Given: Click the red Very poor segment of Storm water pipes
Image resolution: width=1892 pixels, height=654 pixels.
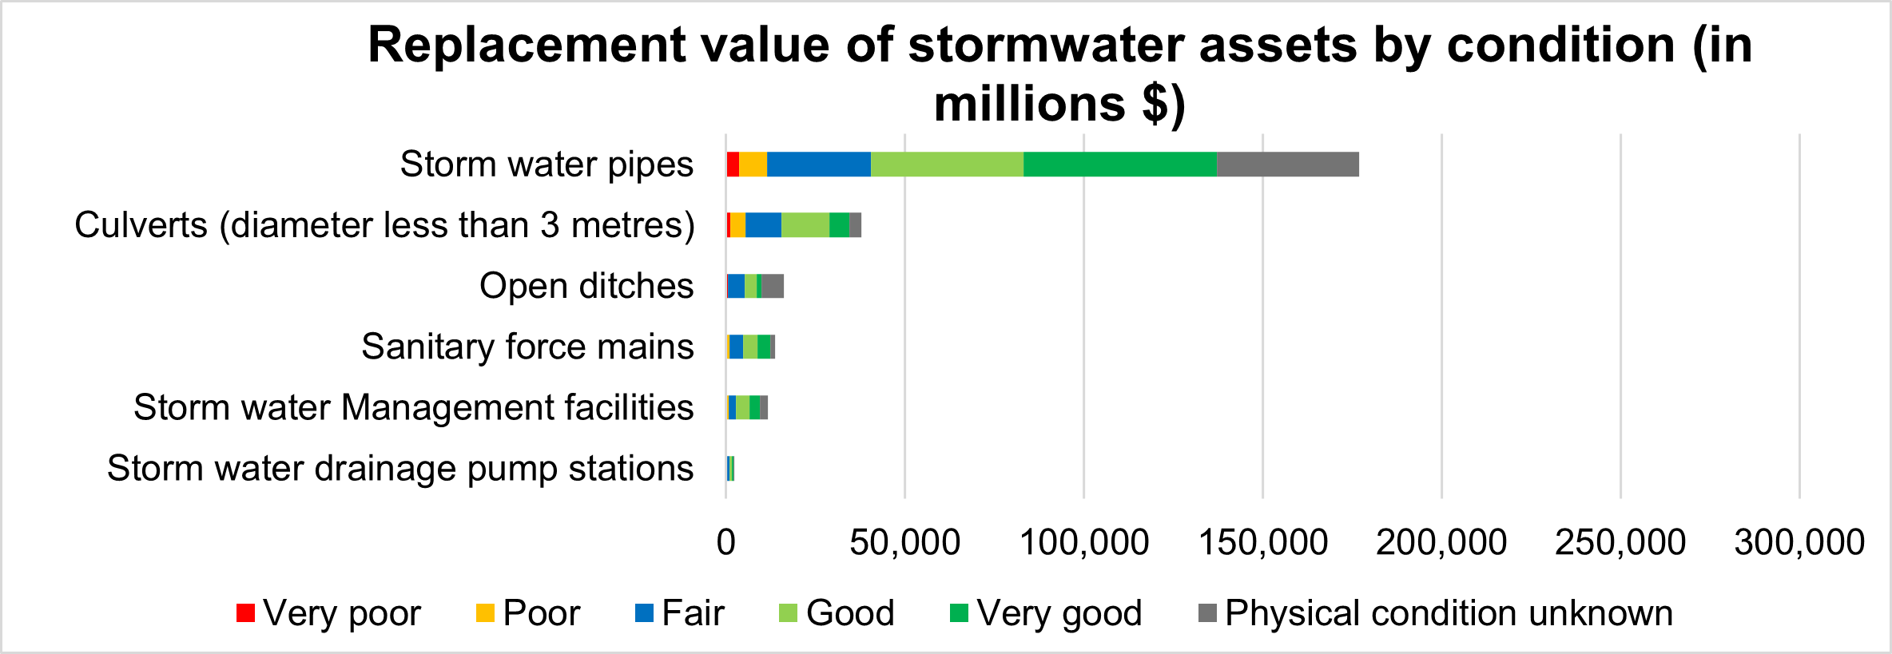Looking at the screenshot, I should pyautogui.click(x=733, y=164).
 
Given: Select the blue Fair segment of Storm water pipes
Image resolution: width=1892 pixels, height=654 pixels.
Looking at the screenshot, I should pyautogui.click(x=818, y=164).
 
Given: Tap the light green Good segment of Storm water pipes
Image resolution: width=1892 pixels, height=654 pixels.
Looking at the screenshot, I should pyautogui.click(x=947, y=164).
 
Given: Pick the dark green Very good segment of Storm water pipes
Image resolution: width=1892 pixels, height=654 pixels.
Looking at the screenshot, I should pyautogui.click(x=1119, y=164).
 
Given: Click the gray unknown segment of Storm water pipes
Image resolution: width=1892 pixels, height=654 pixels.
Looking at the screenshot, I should pyautogui.click(x=1287, y=164).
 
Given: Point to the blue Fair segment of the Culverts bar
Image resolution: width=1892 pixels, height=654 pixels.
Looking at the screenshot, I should pyautogui.click(x=763, y=225).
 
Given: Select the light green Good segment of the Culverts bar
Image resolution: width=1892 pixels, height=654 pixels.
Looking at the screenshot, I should pyautogui.click(x=805, y=225).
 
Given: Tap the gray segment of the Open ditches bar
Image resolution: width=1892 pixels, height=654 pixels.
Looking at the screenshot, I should pyautogui.click(x=773, y=286).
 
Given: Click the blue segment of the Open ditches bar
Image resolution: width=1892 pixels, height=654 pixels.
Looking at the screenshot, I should pyautogui.click(x=736, y=286).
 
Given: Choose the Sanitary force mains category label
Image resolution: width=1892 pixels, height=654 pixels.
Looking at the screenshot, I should pyautogui.click(x=527, y=347).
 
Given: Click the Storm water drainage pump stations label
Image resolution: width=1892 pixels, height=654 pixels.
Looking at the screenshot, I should pyautogui.click(x=400, y=468).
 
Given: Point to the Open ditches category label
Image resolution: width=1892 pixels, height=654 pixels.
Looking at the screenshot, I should pyautogui.click(x=586, y=286).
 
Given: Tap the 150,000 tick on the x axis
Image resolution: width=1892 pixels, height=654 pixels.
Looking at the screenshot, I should pyautogui.click(x=1263, y=542).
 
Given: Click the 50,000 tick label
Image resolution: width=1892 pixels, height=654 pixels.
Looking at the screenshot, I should pyautogui.click(x=904, y=542).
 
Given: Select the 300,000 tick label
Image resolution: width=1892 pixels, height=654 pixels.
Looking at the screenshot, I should pyautogui.click(x=1799, y=542).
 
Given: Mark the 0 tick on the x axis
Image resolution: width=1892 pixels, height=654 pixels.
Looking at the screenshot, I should pyautogui.click(x=725, y=542).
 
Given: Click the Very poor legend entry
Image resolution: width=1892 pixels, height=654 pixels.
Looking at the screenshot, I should pyautogui.click(x=328, y=613).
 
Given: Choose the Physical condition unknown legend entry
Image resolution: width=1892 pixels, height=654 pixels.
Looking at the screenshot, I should pyautogui.click(x=1435, y=613).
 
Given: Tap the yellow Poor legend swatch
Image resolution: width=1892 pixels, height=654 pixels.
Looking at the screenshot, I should pyautogui.click(x=485, y=613).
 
